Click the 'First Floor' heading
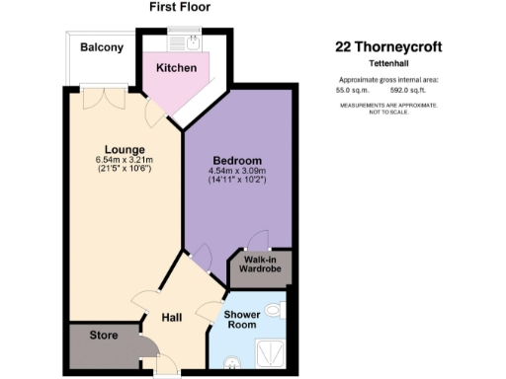point(180,8)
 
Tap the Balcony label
point(101,47)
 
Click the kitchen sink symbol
point(186,42)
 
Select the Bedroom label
point(237,161)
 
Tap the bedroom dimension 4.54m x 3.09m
point(237,172)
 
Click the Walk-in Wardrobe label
point(258,265)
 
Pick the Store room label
point(103,336)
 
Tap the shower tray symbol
point(267,348)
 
